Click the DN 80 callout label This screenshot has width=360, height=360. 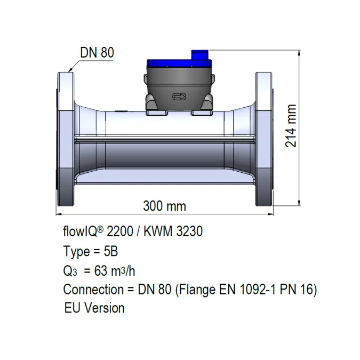tap(97, 53)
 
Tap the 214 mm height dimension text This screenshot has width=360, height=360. tap(290, 133)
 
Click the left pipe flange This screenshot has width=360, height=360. tap(66, 138)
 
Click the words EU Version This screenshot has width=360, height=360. tap(94, 308)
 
